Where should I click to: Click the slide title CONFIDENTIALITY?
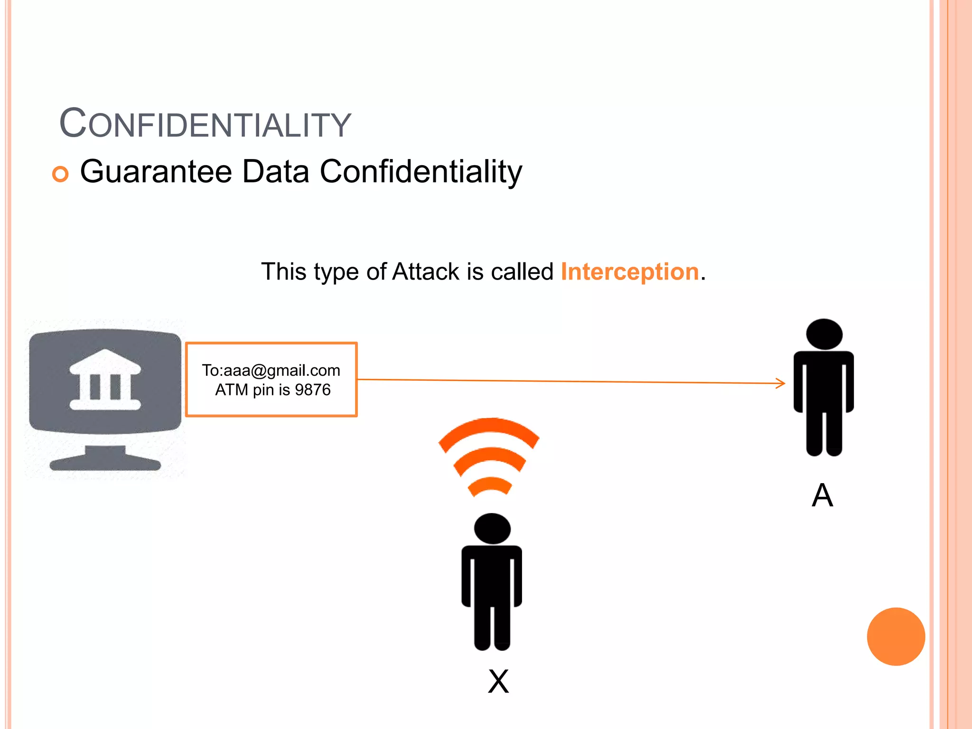[205, 124]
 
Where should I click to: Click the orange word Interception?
[630, 272]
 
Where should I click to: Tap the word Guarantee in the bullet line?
[156, 171]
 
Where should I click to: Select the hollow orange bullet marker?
[60, 174]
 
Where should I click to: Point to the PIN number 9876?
[312, 390]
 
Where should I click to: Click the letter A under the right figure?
[822, 495]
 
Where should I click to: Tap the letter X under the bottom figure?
[498, 682]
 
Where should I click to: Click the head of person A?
[824, 334]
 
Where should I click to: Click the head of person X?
[492, 528]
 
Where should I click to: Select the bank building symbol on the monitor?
[105, 380]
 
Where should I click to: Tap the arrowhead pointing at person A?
[781, 383]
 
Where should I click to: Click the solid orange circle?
[896, 636]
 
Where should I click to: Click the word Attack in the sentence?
[426, 272]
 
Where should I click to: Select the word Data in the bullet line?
[276, 171]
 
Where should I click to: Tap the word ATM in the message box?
[232, 390]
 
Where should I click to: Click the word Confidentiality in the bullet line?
[421, 171]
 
